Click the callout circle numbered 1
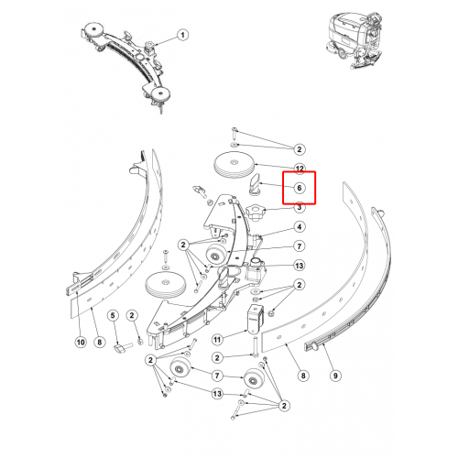pyautogui.click(x=182, y=35)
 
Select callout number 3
pyautogui.click(x=300, y=207)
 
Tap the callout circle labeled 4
pyautogui.click(x=300, y=227)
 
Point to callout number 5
pyautogui.click(x=113, y=315)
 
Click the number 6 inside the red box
pyautogui.click(x=300, y=188)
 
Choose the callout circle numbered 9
pyautogui.click(x=335, y=376)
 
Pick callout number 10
pyautogui.click(x=81, y=342)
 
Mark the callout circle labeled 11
pyautogui.click(x=217, y=340)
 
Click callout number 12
pyautogui.click(x=300, y=169)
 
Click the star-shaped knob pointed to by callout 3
pyautogui.click(x=256, y=213)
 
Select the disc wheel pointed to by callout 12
pyautogui.click(x=234, y=167)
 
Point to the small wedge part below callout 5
pyautogui.click(x=119, y=349)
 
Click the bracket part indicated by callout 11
pyautogui.click(x=256, y=320)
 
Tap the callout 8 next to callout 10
pyautogui.click(x=99, y=342)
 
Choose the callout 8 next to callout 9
pyautogui.click(x=303, y=376)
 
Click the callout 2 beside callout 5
pyautogui.click(x=132, y=315)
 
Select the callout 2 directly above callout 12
pyautogui.click(x=300, y=149)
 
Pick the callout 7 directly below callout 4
pyautogui.click(x=300, y=246)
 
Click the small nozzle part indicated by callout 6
pyautogui.click(x=255, y=184)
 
